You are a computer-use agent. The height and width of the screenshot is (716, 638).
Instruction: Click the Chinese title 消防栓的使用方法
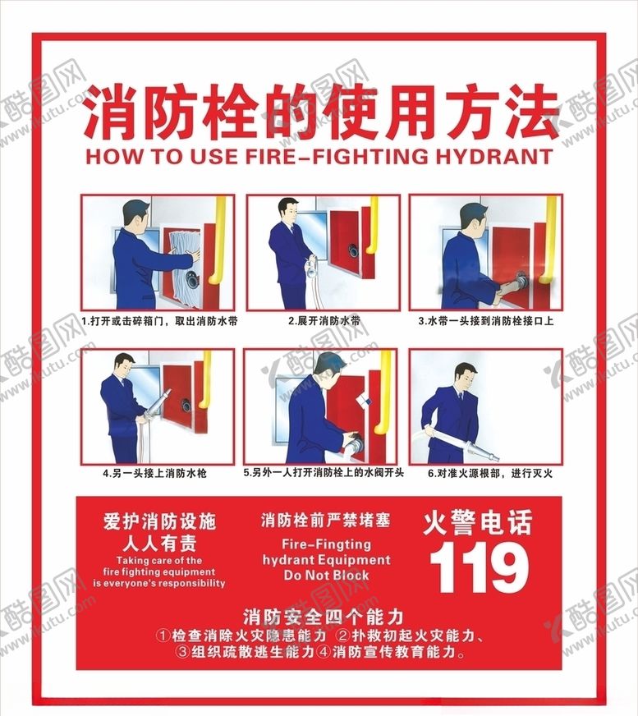click(x=320, y=112)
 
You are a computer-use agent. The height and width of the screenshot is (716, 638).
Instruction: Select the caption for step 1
click(x=159, y=321)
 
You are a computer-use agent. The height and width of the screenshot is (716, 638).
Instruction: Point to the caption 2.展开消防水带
click(x=324, y=321)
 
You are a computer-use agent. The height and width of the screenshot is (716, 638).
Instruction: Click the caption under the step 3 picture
click(x=485, y=321)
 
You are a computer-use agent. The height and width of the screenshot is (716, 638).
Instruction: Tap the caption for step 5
click(x=324, y=474)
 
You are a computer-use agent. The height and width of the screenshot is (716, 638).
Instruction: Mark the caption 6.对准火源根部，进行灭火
click(x=484, y=474)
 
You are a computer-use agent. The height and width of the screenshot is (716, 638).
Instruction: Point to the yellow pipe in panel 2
click(x=374, y=226)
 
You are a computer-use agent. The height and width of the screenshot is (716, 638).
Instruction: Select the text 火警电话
click(x=478, y=522)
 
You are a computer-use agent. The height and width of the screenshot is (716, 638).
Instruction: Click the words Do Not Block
click(x=326, y=576)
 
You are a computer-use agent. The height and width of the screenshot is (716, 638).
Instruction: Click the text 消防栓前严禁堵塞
click(x=326, y=520)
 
